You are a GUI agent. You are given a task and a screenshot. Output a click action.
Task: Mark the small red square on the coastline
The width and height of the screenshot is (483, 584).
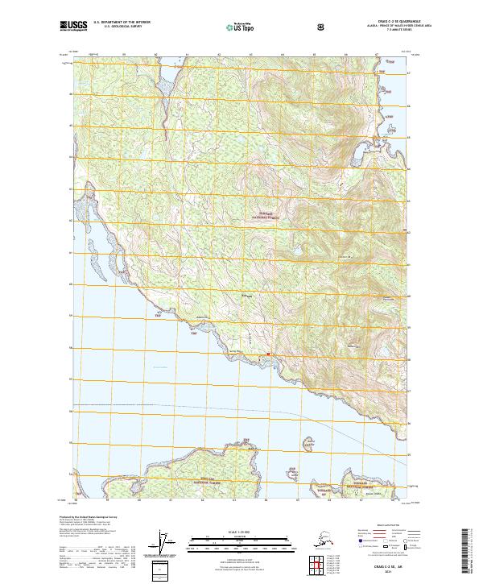pos(269,354)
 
